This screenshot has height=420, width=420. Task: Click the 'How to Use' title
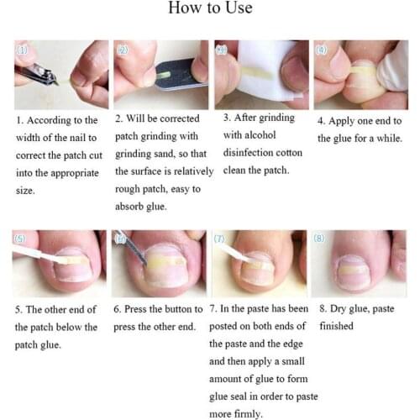point(210,10)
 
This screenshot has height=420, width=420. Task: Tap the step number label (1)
point(23,50)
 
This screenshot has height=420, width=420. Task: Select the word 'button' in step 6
point(177,309)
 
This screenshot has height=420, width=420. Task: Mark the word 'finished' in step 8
point(335,326)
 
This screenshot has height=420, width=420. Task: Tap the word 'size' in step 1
point(24,191)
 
